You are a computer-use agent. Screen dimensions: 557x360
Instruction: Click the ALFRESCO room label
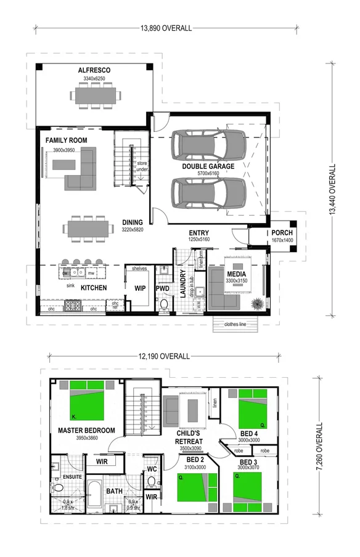point(94,71)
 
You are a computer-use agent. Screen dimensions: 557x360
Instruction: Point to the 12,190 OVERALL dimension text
point(163,356)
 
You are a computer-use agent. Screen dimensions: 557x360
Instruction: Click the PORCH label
point(282,232)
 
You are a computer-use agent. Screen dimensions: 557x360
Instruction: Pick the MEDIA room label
point(237,274)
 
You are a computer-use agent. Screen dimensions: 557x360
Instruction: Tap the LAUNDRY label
point(182,284)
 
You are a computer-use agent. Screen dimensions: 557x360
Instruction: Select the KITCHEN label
point(94,288)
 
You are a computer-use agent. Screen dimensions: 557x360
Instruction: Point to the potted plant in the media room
point(256,303)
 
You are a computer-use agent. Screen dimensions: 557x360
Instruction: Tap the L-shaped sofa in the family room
point(84,173)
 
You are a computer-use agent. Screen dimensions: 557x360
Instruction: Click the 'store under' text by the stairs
point(142,165)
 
